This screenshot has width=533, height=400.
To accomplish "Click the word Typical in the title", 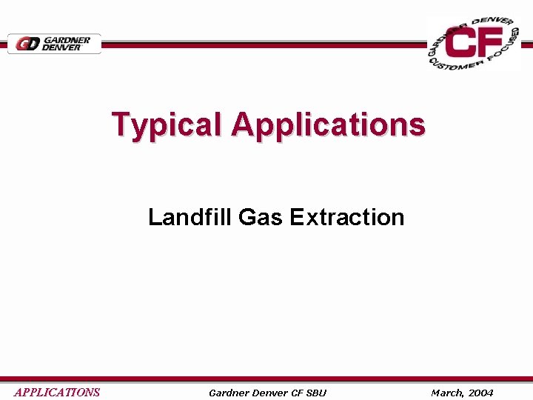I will click(167, 124).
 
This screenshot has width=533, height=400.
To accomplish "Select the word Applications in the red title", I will click(328, 124).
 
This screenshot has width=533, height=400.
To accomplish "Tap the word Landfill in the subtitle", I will click(190, 217).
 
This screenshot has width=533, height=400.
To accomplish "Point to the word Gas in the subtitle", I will click(261, 217).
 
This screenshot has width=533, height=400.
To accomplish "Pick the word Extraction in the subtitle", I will click(347, 217).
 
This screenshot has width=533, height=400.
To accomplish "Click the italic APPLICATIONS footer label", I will click(57, 393).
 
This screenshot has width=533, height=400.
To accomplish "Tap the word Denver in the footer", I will click(273, 393).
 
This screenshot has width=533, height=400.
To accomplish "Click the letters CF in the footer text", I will click(301, 393).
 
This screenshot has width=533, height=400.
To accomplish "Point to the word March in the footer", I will click(446, 393).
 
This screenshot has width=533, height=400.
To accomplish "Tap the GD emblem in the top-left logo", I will click(27, 44).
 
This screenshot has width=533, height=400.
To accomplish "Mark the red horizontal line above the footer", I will click(266, 379).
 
